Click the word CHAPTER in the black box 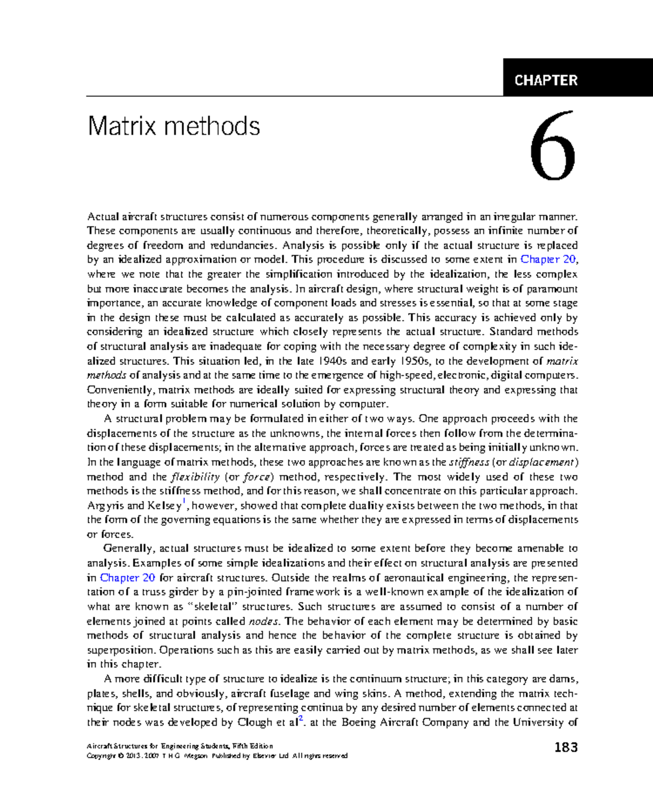[546, 81]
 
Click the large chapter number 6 [553, 147]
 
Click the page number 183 [566, 747]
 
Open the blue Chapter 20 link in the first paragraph [547, 259]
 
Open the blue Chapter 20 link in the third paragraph [127, 578]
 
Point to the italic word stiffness [469, 462]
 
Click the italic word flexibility [195, 477]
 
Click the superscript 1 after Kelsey [184, 501]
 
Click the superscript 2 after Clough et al [301, 719]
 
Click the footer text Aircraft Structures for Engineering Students [158, 746]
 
